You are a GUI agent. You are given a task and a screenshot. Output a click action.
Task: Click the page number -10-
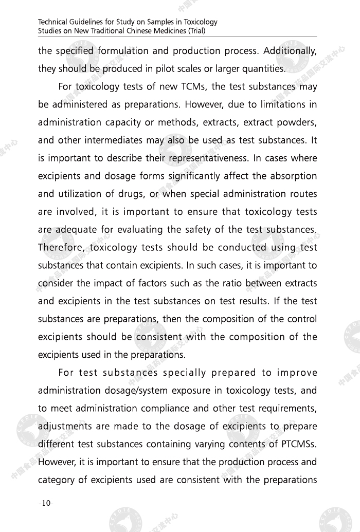pyautogui.click(x=46, y=503)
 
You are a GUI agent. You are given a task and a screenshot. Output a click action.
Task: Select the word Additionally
pyautogui.click(x=290, y=51)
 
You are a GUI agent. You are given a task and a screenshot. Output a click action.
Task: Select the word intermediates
pyautogui.click(x=120, y=140)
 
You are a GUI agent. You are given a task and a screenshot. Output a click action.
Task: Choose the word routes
pyautogui.click(x=300, y=194)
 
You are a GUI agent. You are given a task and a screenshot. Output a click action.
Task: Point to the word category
pyautogui.click(x=57, y=480)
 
